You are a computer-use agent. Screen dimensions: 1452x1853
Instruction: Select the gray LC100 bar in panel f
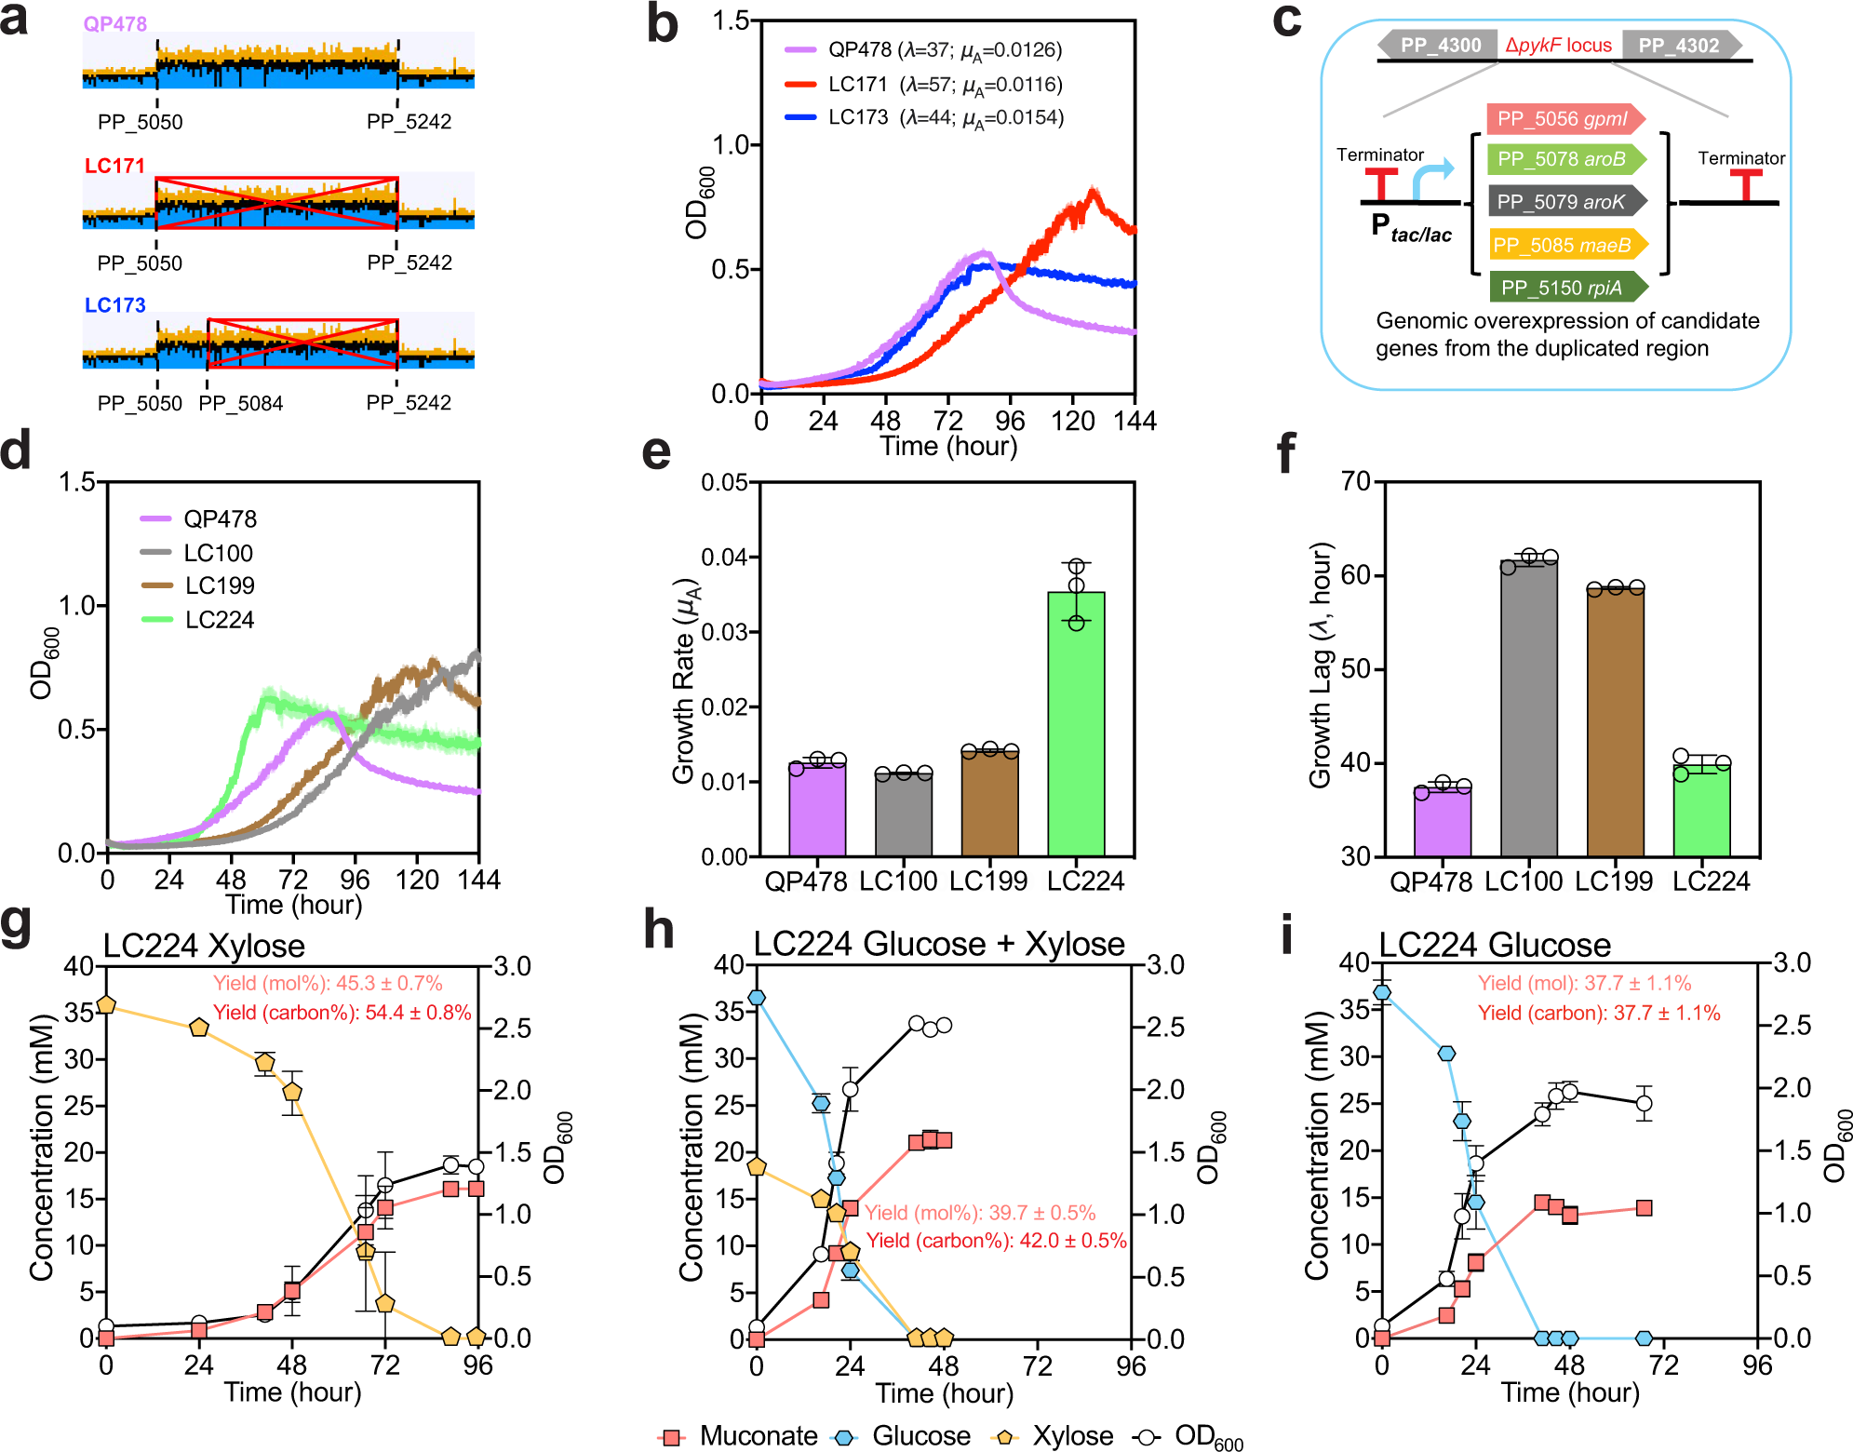(x=1528, y=707)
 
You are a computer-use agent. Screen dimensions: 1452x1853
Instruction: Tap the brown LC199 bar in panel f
(x=1615, y=721)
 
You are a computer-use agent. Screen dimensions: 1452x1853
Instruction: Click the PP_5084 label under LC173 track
(x=240, y=403)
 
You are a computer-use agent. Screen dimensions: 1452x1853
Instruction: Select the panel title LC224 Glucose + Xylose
(x=938, y=944)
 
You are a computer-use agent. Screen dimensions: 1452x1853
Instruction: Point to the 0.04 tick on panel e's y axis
(x=726, y=558)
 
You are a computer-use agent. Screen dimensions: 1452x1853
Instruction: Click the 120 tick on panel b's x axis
(x=1072, y=421)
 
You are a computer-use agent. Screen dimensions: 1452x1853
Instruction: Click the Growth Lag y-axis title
(x=1321, y=665)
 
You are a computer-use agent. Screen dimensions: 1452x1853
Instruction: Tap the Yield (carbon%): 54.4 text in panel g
(x=342, y=1013)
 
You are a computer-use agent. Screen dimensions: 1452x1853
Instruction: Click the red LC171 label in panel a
(x=114, y=166)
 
